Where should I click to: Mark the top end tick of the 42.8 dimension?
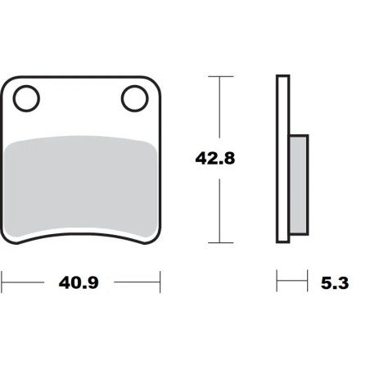coord(217,77)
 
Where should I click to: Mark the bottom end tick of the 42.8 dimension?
coord(217,242)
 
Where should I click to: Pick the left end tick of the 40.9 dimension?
coord(2,283)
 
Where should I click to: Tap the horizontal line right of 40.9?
coord(136,283)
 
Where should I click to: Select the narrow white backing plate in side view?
coord(283,160)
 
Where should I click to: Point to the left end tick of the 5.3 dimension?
coord(277,283)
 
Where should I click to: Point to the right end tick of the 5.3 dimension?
coord(307,283)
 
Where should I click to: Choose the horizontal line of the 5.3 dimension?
coord(291,283)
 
